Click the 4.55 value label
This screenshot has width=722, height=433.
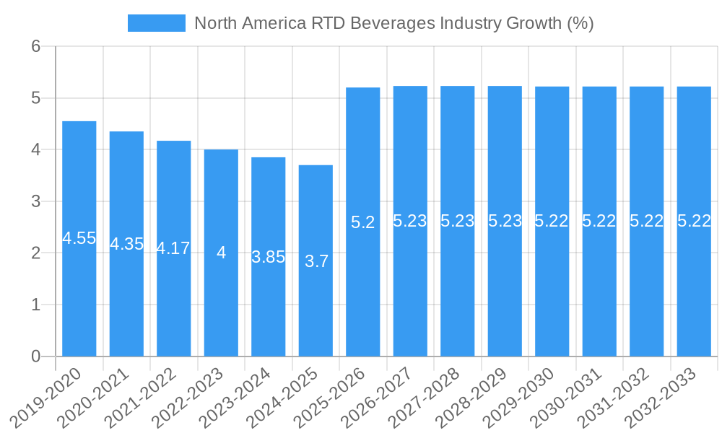79,238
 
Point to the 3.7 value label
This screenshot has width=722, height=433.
316,261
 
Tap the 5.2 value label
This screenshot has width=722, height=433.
363,222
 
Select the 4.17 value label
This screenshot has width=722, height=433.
173,248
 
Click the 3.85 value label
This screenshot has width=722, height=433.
269,257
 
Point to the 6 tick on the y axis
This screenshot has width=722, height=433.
35,46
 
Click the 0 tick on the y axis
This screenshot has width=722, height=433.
35,357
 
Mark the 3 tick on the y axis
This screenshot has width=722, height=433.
35,201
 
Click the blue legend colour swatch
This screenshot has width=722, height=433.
156,23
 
